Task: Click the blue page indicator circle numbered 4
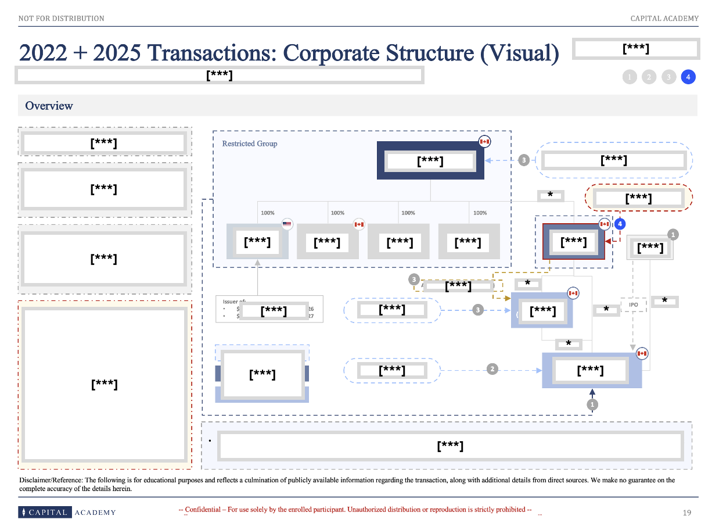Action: pyautogui.click(x=688, y=77)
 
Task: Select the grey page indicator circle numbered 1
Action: pyautogui.click(x=630, y=77)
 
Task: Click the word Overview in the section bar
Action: pyautogui.click(x=49, y=106)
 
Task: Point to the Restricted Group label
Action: pyautogui.click(x=250, y=144)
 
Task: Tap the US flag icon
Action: pyautogui.click(x=287, y=224)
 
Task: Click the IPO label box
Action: pyautogui.click(x=633, y=305)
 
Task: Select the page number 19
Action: pyautogui.click(x=687, y=513)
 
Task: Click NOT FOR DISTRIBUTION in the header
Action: pyautogui.click(x=62, y=19)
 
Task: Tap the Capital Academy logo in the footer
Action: pyautogui.click(x=67, y=512)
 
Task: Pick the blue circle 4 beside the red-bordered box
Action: pyautogui.click(x=620, y=224)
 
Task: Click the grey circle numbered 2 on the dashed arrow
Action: pyautogui.click(x=492, y=369)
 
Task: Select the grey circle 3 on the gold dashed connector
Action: pyautogui.click(x=413, y=280)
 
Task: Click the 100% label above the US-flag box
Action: pyautogui.click(x=267, y=213)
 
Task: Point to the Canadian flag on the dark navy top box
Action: pyautogui.click(x=484, y=141)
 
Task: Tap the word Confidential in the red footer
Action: pyautogui.click(x=203, y=510)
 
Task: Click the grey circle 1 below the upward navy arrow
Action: pyautogui.click(x=592, y=404)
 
